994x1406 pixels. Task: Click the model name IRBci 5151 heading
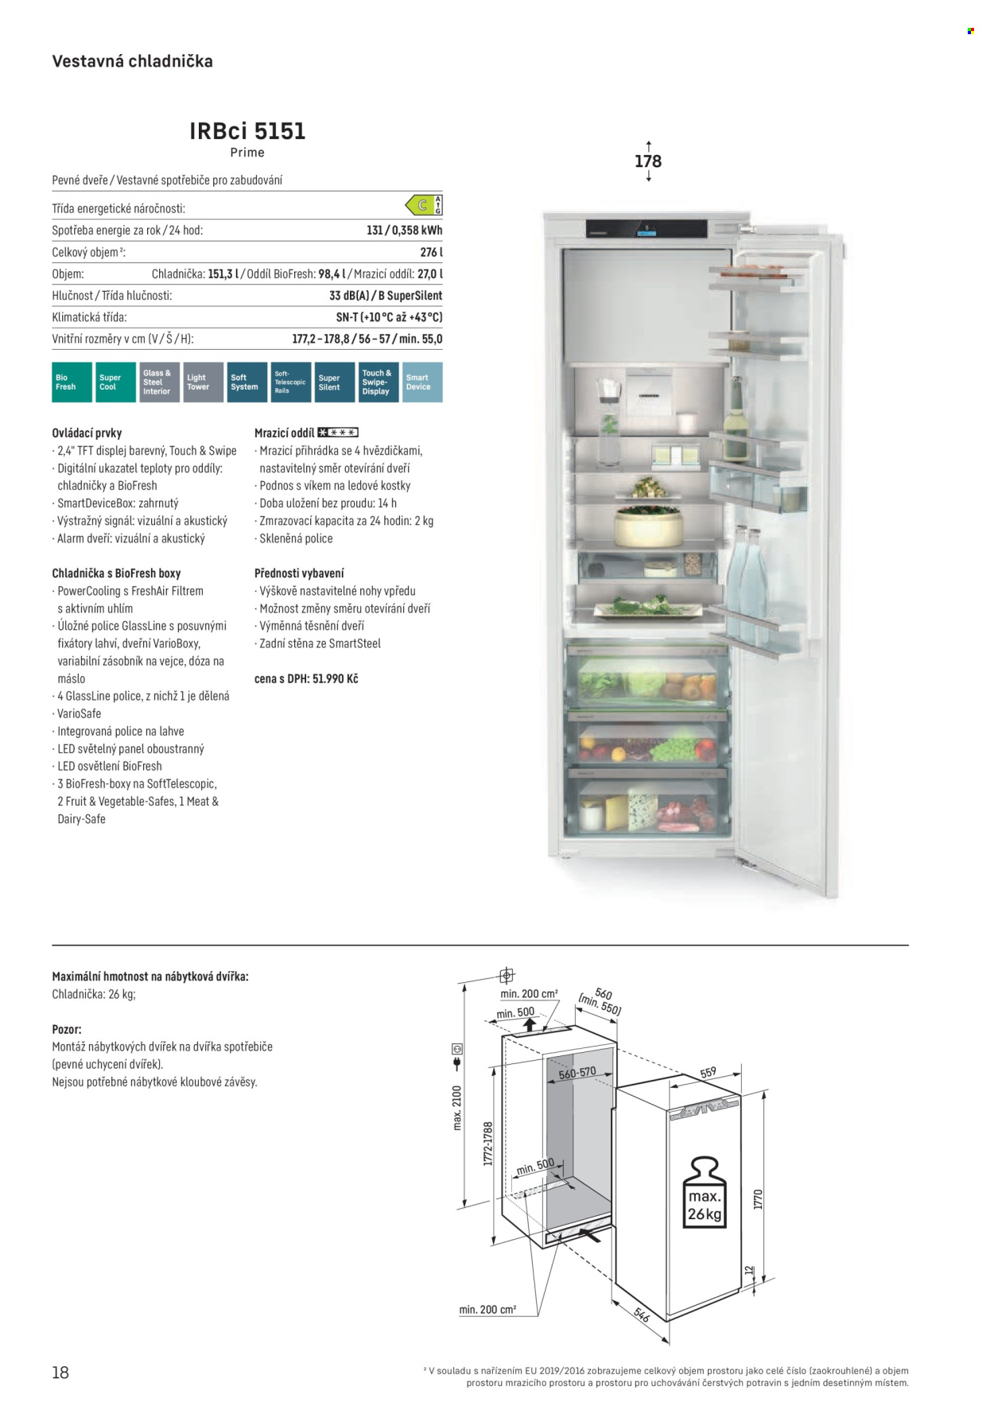[x=247, y=131]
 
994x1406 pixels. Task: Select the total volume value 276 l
[x=431, y=252]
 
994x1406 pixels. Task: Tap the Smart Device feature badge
[x=422, y=383]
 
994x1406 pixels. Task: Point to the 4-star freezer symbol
[x=338, y=433]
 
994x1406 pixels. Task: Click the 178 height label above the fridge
[x=648, y=161]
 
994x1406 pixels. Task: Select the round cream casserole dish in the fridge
[x=648, y=528]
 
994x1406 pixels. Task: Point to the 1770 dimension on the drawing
[x=758, y=1199]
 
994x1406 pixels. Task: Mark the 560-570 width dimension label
[x=577, y=1074]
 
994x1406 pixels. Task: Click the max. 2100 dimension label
[x=457, y=1108]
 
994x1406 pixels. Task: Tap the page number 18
[x=60, y=1373]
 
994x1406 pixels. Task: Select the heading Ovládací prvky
[x=87, y=433]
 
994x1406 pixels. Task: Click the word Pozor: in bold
[x=67, y=1029]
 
